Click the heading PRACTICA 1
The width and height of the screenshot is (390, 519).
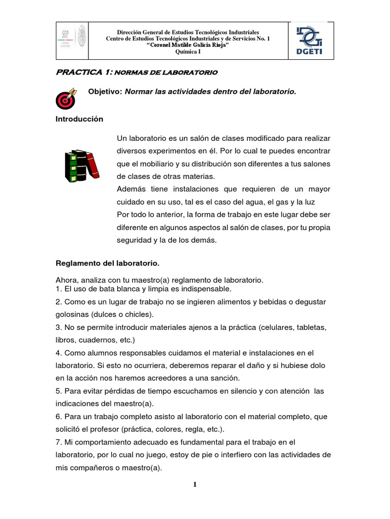click(x=83, y=72)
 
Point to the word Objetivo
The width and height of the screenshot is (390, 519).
click(x=105, y=92)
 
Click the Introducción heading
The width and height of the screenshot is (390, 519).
click(x=79, y=119)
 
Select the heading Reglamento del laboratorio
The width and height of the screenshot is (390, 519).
click(x=107, y=263)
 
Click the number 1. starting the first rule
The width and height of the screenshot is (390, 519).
click(x=58, y=289)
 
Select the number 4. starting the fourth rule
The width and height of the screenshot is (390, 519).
click(x=58, y=352)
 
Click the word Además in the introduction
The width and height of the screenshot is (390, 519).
click(x=131, y=189)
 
